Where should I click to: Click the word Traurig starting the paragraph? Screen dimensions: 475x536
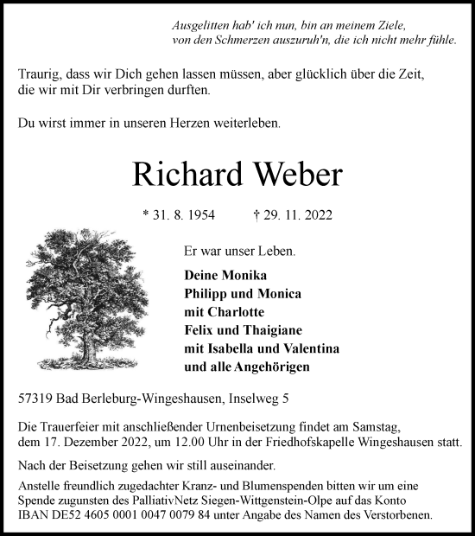[x=41, y=74]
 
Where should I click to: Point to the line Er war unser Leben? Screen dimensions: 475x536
[x=238, y=252]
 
